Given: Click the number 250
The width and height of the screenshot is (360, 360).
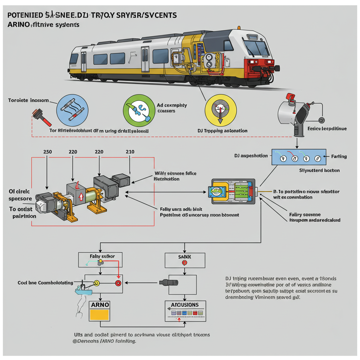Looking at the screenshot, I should pos(47,152).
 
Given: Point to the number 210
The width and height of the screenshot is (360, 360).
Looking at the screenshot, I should pos(130,152).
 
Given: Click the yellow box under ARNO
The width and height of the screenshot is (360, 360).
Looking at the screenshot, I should pos(100,314).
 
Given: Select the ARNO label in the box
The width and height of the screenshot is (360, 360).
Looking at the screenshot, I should pos(100,304).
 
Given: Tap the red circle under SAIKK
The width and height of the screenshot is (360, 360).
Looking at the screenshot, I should pos(184,263).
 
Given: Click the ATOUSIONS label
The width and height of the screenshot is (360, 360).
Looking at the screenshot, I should pos(185,305).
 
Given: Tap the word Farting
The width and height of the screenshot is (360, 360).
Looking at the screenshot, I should pos(339,156).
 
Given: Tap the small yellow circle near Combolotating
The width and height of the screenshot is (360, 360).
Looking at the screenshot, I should pos(96,283).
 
